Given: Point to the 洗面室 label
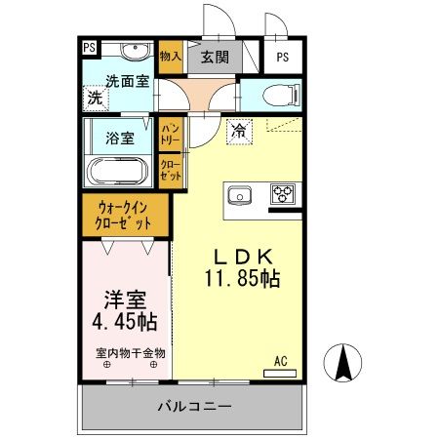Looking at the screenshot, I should [x=127, y=81].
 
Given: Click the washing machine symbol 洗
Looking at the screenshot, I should [x=95, y=98].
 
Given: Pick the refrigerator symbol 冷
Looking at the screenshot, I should [x=239, y=130].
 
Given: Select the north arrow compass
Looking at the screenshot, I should [x=342, y=364].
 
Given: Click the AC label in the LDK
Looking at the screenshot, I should [x=280, y=361].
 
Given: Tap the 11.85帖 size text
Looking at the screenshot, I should [x=243, y=279].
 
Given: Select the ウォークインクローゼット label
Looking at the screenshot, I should [x=124, y=216].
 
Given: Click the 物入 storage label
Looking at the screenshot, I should [x=170, y=57].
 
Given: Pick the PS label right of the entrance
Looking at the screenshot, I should [x=283, y=57].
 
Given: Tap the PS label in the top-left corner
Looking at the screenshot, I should [x=90, y=46].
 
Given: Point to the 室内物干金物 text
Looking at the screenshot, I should [x=130, y=353].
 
